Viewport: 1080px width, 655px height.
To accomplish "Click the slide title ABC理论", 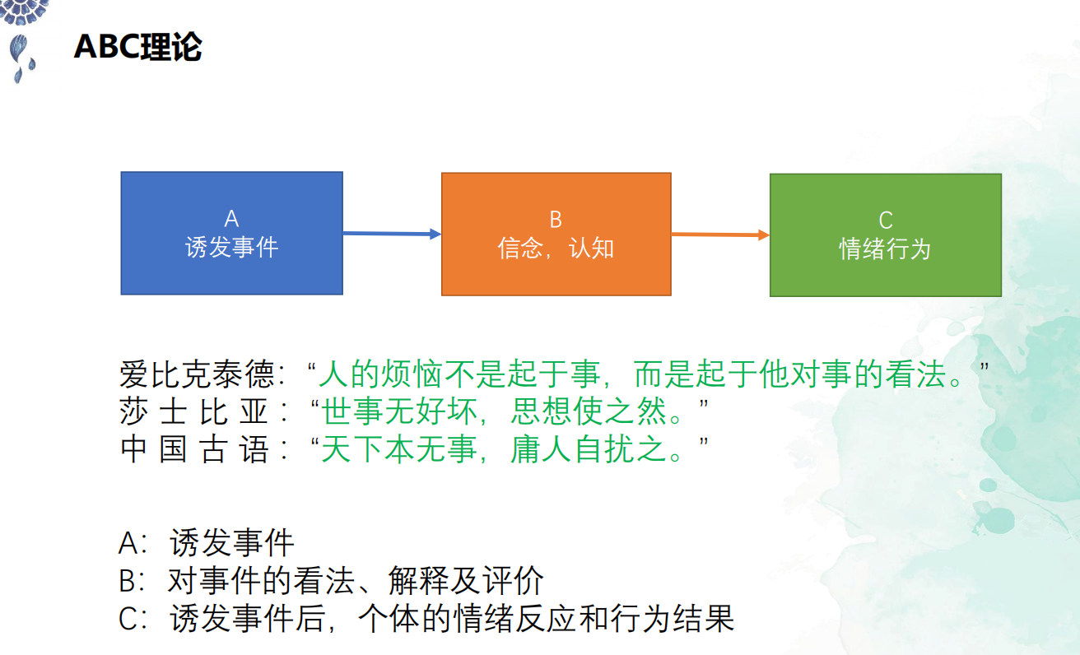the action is pyautogui.click(x=138, y=47).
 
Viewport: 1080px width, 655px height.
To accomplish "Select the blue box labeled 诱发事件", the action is pyautogui.click(x=232, y=233).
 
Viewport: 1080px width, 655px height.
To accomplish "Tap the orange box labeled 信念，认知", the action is pyautogui.click(x=556, y=235).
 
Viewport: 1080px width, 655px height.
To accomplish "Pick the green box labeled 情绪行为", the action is pyautogui.click(x=886, y=235).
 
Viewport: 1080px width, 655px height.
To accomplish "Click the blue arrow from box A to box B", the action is pyautogui.click(x=392, y=234).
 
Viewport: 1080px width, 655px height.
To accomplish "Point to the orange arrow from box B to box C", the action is pyautogui.click(x=720, y=235).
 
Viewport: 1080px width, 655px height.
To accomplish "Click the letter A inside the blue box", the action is pyautogui.click(x=231, y=219).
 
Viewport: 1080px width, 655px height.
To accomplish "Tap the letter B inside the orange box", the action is pyautogui.click(x=556, y=220).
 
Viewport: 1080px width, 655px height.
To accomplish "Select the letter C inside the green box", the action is pyautogui.click(x=886, y=221).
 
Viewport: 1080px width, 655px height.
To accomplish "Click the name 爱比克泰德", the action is pyautogui.click(x=198, y=374).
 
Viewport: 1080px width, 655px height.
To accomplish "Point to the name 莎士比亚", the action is pyautogui.click(x=193, y=411).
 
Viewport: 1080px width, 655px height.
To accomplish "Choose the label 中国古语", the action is pyautogui.click(x=193, y=449).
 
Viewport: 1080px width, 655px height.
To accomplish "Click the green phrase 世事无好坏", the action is pyautogui.click(x=399, y=411).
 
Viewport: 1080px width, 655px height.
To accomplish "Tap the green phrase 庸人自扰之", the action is pyautogui.click(x=589, y=449).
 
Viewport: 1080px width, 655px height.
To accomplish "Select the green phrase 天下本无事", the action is pyautogui.click(x=399, y=449).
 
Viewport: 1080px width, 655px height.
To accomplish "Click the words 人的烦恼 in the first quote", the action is pyautogui.click(x=380, y=374).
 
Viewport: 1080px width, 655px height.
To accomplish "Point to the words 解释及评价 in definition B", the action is pyautogui.click(x=466, y=580).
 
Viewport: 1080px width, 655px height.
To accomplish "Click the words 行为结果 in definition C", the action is pyautogui.click(x=672, y=618).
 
